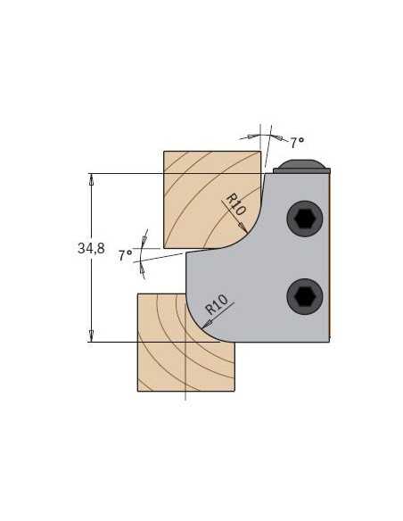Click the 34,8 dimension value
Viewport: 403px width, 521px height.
[x=91, y=248]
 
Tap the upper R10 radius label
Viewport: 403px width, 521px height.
[x=235, y=204]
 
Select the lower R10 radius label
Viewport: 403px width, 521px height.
[x=217, y=304]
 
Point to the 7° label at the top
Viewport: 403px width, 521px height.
[x=298, y=143]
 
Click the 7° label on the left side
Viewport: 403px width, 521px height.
[x=126, y=255]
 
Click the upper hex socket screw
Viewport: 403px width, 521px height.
[x=305, y=219]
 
